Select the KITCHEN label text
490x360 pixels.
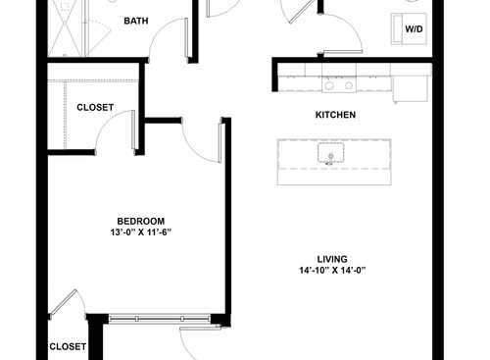pyautogui.click(x=334, y=115)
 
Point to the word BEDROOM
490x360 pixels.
pyautogui.click(x=140, y=221)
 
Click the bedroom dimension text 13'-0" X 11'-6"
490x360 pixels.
pyautogui.click(x=140, y=233)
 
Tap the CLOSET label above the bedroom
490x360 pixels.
pyautogui.click(x=94, y=107)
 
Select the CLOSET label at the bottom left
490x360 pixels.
pyautogui.click(x=68, y=346)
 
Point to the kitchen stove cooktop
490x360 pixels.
pyautogui.click(x=338, y=85)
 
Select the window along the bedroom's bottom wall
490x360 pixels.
pyautogui.click(x=159, y=318)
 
